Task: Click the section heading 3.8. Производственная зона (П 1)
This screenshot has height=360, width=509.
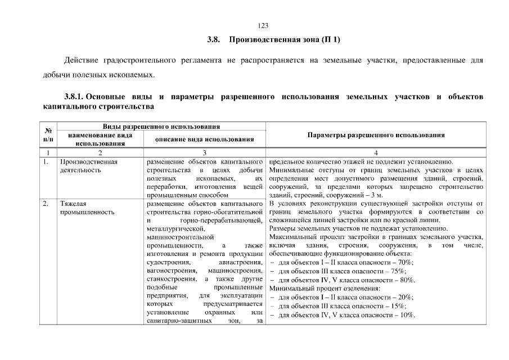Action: tap(273, 40)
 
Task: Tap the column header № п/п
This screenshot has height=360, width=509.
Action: tap(48, 135)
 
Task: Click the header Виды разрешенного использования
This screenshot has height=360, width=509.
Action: tap(161, 127)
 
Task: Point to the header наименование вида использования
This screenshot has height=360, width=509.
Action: tap(100, 139)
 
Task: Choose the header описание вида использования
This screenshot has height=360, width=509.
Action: tap(205, 139)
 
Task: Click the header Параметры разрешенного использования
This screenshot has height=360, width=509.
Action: tap(376, 135)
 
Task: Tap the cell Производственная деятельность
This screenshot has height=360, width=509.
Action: tap(88, 166)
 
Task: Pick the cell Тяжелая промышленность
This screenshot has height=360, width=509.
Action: tap(87, 208)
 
